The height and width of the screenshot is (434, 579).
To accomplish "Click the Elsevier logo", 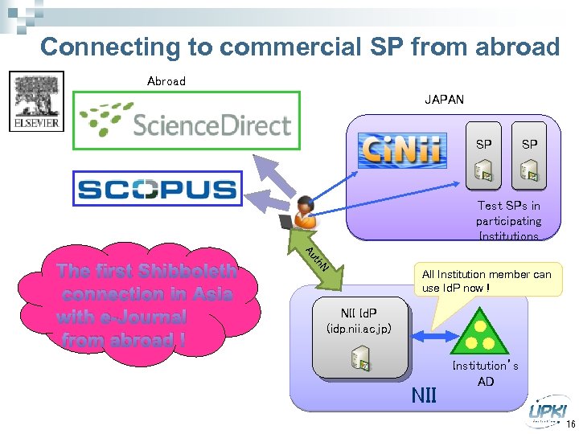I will [x=35, y=101].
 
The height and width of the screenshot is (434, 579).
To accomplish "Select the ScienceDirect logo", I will [x=186, y=121].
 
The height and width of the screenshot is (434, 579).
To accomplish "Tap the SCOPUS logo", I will [x=157, y=189].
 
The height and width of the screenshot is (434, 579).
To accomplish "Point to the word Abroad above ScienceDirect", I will [x=166, y=81].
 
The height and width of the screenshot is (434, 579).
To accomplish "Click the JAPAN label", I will [x=444, y=100].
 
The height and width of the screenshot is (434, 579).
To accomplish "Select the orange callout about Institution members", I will [x=487, y=280].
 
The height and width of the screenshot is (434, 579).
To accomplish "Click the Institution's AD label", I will [x=485, y=374].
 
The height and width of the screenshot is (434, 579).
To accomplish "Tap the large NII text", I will [x=424, y=395].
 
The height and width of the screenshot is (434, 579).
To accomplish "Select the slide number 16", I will [x=570, y=424].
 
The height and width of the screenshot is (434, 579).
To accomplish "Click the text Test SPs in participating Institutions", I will [x=508, y=221].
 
